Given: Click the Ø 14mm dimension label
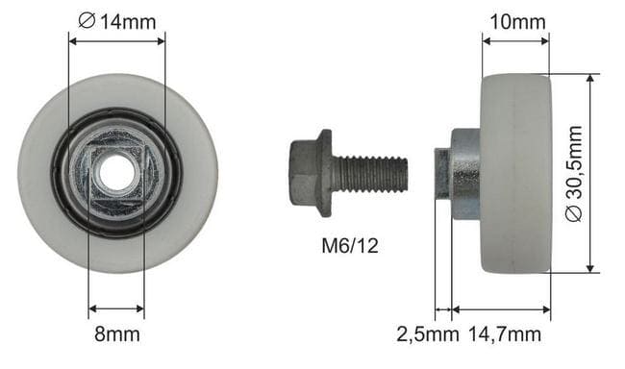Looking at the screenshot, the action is point(116,21).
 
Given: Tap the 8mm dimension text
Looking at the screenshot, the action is point(117,334).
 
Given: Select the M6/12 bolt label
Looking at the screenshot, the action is point(350,245).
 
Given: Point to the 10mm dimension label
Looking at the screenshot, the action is point(517,21).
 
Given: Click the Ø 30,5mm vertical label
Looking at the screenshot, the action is point(574,173).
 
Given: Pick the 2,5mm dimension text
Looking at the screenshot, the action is point(427,334).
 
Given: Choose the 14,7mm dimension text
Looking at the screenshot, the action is point(505,334).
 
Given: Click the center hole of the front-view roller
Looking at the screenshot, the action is point(116,173).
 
